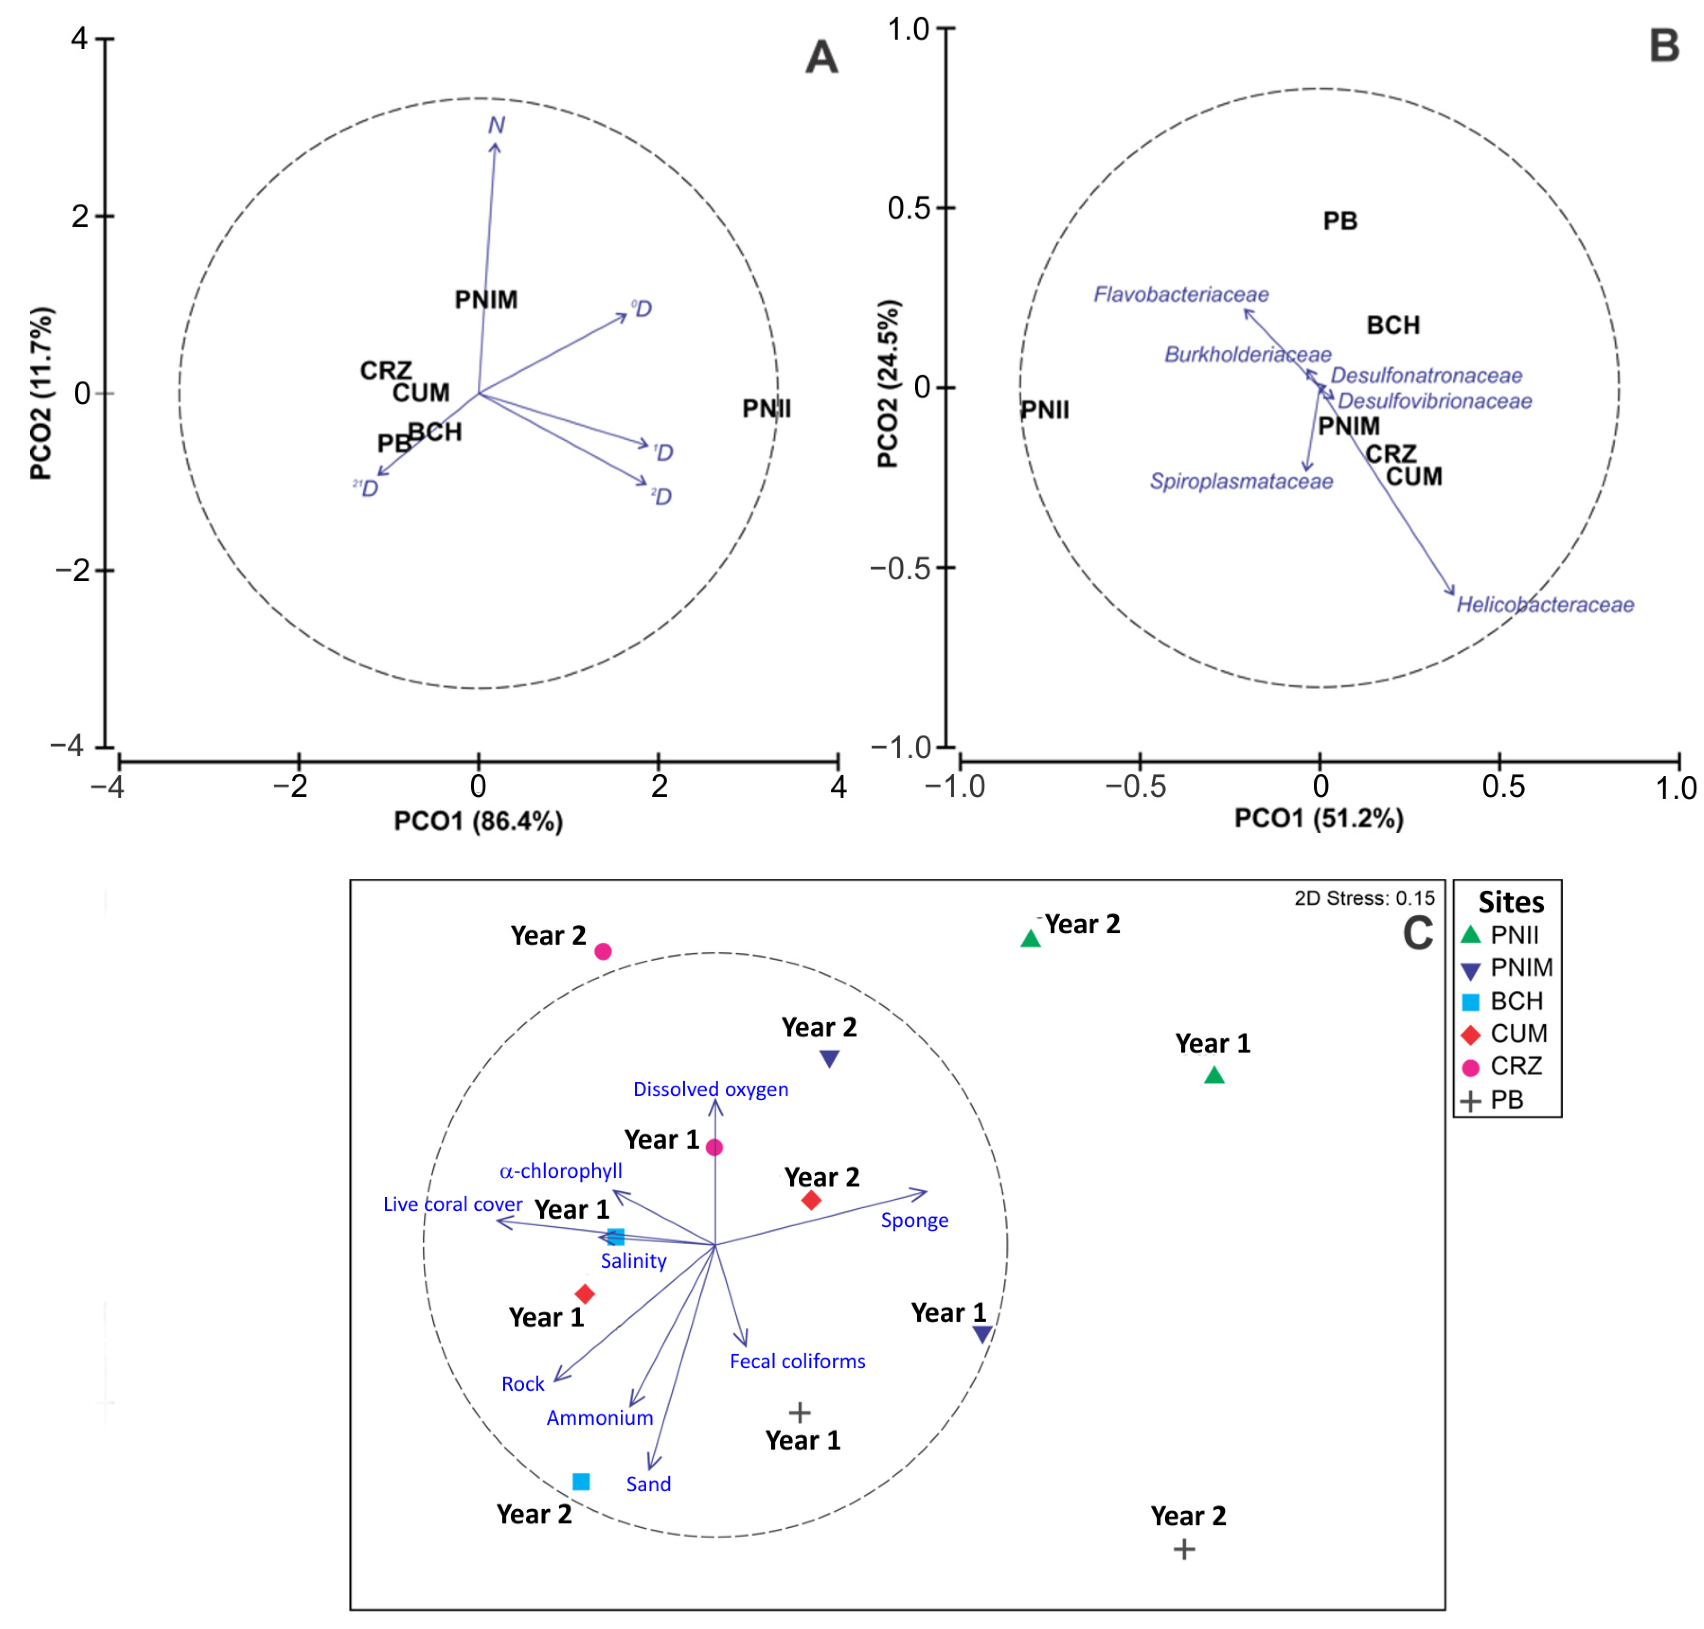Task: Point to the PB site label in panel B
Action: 1340,221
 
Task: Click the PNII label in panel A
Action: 766,409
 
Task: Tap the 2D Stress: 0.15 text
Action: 1365,898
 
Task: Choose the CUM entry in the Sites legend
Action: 1518,1033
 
